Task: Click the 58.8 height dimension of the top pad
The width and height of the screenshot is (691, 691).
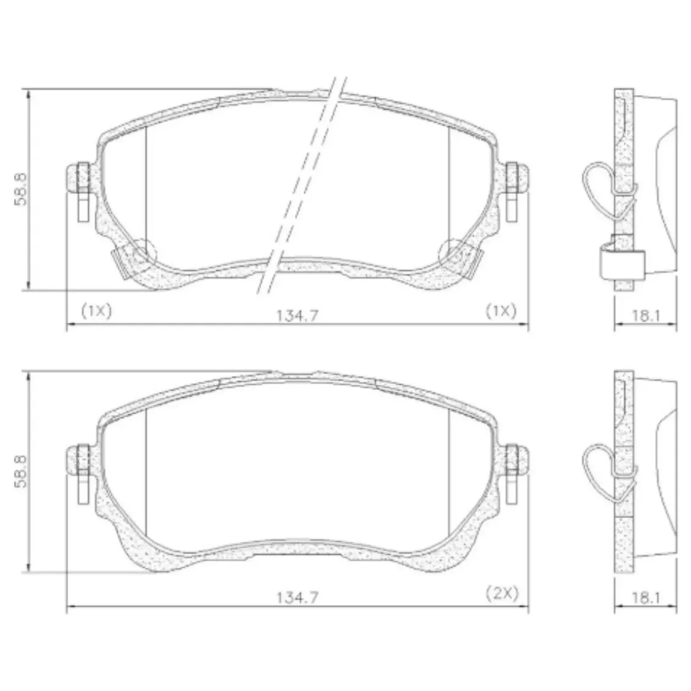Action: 20,189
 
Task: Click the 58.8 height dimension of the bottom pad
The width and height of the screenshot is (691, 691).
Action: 20,472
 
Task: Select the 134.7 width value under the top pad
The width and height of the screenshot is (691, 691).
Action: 297,316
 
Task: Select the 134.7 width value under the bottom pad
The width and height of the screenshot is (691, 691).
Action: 297,598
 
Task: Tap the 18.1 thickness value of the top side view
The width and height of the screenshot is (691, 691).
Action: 646,316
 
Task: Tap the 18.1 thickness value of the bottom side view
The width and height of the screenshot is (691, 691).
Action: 646,598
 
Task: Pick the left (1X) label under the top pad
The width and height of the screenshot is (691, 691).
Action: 96,311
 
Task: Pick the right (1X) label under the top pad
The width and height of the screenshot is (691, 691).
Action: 501,311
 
